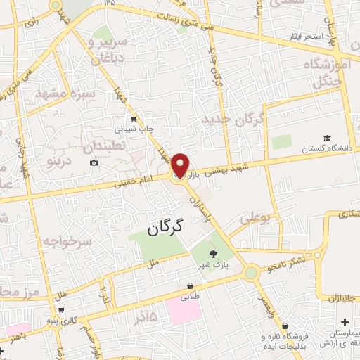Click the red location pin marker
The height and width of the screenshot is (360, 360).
tap(180, 165)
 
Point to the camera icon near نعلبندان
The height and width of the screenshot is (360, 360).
tap(94, 164)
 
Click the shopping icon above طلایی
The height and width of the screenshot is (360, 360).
tap(190, 285)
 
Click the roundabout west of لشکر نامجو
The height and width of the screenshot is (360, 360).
tap(250, 272)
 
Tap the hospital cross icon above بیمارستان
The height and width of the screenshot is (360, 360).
tap(344, 322)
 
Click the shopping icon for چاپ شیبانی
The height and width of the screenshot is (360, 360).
tap(132, 118)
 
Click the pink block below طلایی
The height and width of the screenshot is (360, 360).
tap(184, 310)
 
